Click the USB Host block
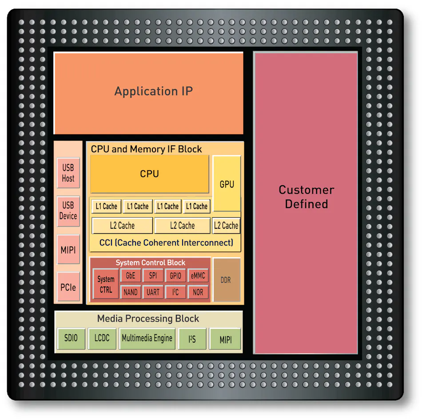68,173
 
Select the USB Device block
68,211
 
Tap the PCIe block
68,287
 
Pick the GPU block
227,184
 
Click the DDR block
226,280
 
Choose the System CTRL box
106,284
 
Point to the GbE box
131,276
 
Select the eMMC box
198,276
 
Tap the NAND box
131,292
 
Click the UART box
153,292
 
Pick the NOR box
198,292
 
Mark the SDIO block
71,338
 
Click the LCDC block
102,338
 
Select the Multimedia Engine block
147,338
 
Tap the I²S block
192,339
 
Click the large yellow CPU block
150,174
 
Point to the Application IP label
154,91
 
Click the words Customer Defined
306,197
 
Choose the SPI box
153,276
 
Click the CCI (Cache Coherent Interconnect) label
166,243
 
